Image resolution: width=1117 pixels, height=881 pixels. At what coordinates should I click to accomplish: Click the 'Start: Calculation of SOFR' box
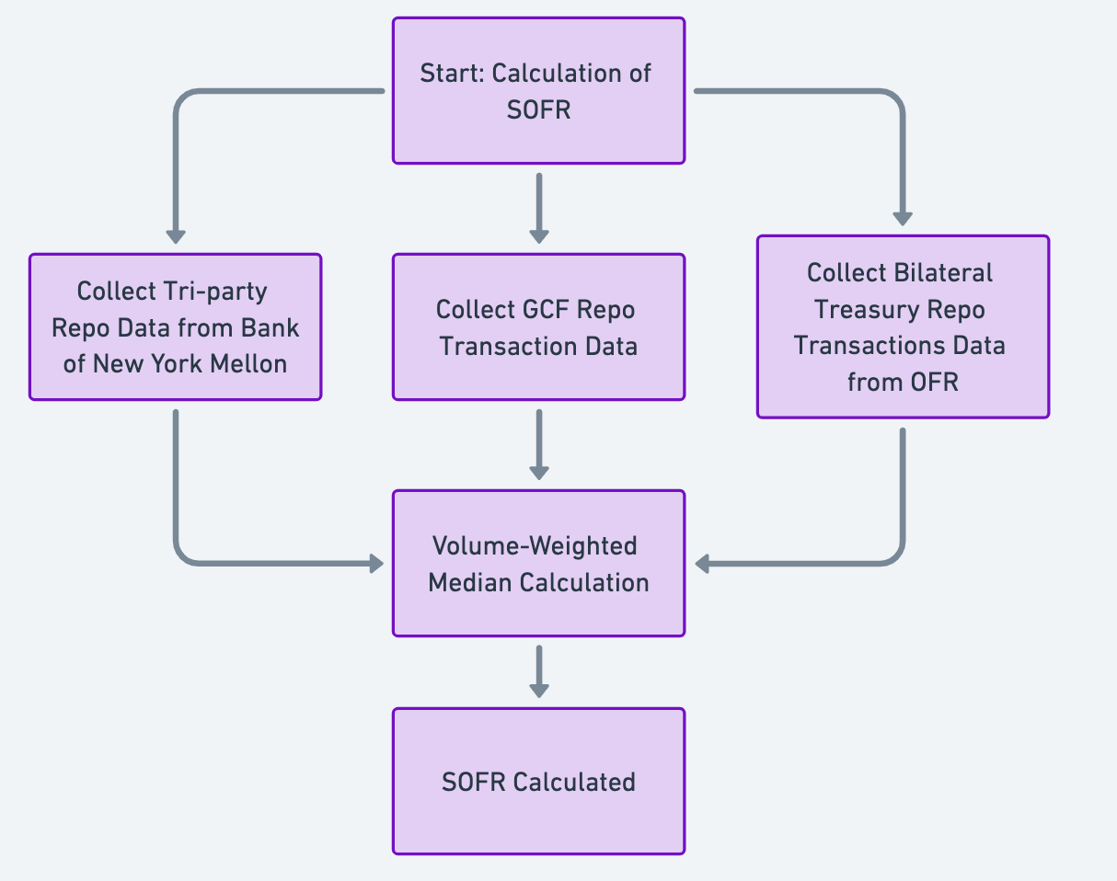(x=538, y=91)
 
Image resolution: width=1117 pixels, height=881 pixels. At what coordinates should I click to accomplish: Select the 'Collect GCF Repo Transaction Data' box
(x=538, y=327)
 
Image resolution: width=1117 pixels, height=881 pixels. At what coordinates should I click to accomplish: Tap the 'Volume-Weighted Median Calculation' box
(x=538, y=563)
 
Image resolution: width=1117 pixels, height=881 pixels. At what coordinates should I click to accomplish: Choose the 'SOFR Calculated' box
(x=538, y=781)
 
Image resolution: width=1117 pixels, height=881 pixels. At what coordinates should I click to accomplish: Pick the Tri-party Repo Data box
(x=175, y=327)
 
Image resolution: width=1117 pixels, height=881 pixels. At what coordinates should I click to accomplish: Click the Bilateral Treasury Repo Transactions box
(x=903, y=327)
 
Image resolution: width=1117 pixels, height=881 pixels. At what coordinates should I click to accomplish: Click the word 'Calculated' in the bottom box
(x=574, y=782)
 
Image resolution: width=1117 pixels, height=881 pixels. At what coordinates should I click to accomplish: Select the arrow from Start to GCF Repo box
(x=539, y=208)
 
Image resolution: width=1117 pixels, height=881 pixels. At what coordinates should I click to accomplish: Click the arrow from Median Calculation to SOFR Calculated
(x=539, y=671)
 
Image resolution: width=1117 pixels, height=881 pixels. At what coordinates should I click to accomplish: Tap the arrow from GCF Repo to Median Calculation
(x=539, y=444)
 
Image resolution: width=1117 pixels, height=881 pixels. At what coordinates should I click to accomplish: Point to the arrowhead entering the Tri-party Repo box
(x=175, y=235)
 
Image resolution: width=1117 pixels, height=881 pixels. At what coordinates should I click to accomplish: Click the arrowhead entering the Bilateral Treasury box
(x=903, y=217)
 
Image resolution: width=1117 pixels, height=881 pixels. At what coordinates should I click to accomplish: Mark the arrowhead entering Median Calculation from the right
(x=704, y=563)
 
